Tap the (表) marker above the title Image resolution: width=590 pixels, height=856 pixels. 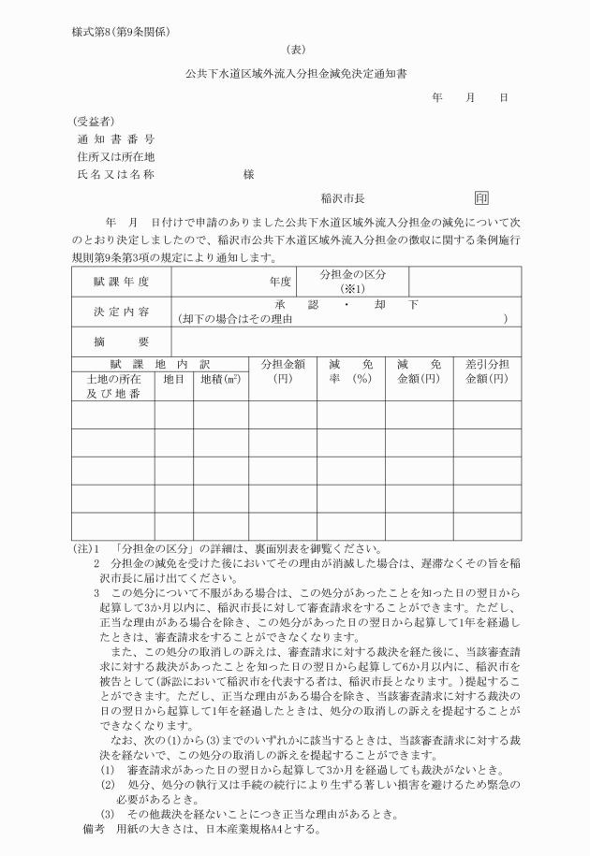[x=295, y=51]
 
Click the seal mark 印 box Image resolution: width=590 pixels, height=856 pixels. [x=481, y=198]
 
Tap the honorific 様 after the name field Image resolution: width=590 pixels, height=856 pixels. [x=249, y=175]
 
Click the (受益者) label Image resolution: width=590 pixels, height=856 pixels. [x=94, y=121]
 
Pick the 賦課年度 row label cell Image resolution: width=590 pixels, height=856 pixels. [x=121, y=281]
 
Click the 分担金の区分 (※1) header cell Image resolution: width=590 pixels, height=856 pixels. [x=352, y=281]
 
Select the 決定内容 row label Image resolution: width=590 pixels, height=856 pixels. [x=121, y=312]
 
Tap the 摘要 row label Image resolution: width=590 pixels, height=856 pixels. [x=121, y=341]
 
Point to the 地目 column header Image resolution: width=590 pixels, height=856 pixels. [x=174, y=380]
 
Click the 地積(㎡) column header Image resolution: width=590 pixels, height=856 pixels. [x=220, y=380]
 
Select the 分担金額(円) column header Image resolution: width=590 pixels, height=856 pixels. [x=282, y=371]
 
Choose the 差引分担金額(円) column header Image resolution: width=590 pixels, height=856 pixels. [x=486, y=371]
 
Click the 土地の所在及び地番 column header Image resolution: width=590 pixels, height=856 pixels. [x=113, y=387]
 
